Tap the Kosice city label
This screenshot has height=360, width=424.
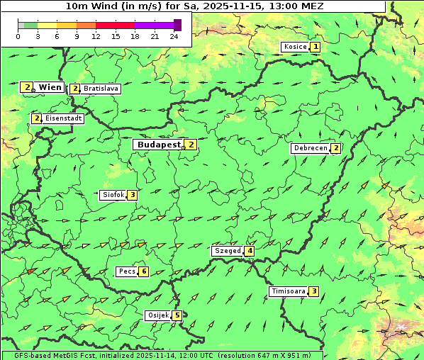click(x=295, y=47)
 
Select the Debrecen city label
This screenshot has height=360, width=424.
click(x=310, y=149)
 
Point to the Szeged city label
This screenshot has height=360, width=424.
click(x=227, y=251)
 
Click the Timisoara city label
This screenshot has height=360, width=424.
click(x=288, y=291)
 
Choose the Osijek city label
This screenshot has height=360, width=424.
click(x=157, y=315)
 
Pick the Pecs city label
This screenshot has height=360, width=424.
click(x=127, y=271)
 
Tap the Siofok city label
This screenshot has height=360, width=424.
click(x=113, y=195)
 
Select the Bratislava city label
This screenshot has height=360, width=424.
click(x=100, y=89)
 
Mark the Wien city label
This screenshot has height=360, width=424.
click(x=50, y=87)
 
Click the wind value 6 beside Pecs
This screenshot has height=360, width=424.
click(x=144, y=271)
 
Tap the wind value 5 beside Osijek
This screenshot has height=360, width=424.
click(x=177, y=315)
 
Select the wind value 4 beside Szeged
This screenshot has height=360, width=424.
click(x=250, y=251)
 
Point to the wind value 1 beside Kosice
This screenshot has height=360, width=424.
click(x=316, y=47)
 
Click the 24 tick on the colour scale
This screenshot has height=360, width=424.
click(x=174, y=36)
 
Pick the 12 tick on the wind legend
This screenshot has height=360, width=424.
click(x=96, y=36)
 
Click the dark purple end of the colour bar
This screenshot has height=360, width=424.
click(x=177, y=25)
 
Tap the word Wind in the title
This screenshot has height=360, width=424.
click(x=104, y=6)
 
